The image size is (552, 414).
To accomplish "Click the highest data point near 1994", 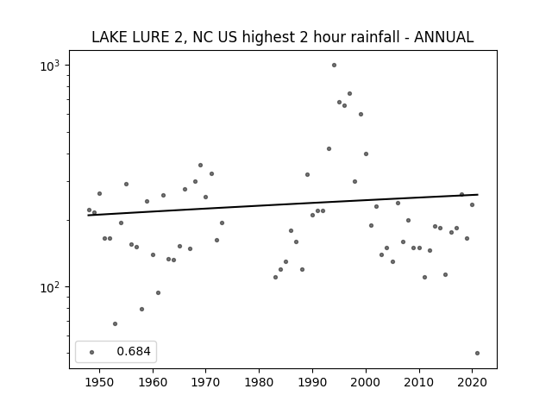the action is click(x=334, y=66).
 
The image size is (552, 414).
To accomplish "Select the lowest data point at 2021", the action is click(x=477, y=353).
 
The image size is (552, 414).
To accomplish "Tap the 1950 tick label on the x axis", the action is click(x=100, y=382).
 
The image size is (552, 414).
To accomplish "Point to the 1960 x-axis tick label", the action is click(x=153, y=382).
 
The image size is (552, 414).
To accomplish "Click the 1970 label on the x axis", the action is click(x=205, y=382).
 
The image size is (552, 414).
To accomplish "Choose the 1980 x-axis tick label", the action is click(x=259, y=382).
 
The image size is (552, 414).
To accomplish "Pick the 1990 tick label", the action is click(x=312, y=382).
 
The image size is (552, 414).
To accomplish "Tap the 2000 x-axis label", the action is click(x=366, y=382).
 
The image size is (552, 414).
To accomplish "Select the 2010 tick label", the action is click(x=419, y=382).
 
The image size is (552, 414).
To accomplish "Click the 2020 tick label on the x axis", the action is click(x=472, y=382).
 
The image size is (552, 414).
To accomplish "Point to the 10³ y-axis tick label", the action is click(x=53, y=66).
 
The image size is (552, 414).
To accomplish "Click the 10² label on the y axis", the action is click(x=53, y=287).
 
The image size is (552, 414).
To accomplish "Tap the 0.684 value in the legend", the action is click(x=134, y=351).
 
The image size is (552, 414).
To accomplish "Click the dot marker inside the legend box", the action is click(x=92, y=352).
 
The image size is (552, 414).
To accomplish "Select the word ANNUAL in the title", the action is click(x=443, y=37).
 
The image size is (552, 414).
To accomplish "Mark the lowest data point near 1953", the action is click(x=115, y=324).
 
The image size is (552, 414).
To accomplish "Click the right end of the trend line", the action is click(x=478, y=194).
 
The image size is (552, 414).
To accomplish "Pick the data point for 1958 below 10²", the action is click(x=141, y=309).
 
